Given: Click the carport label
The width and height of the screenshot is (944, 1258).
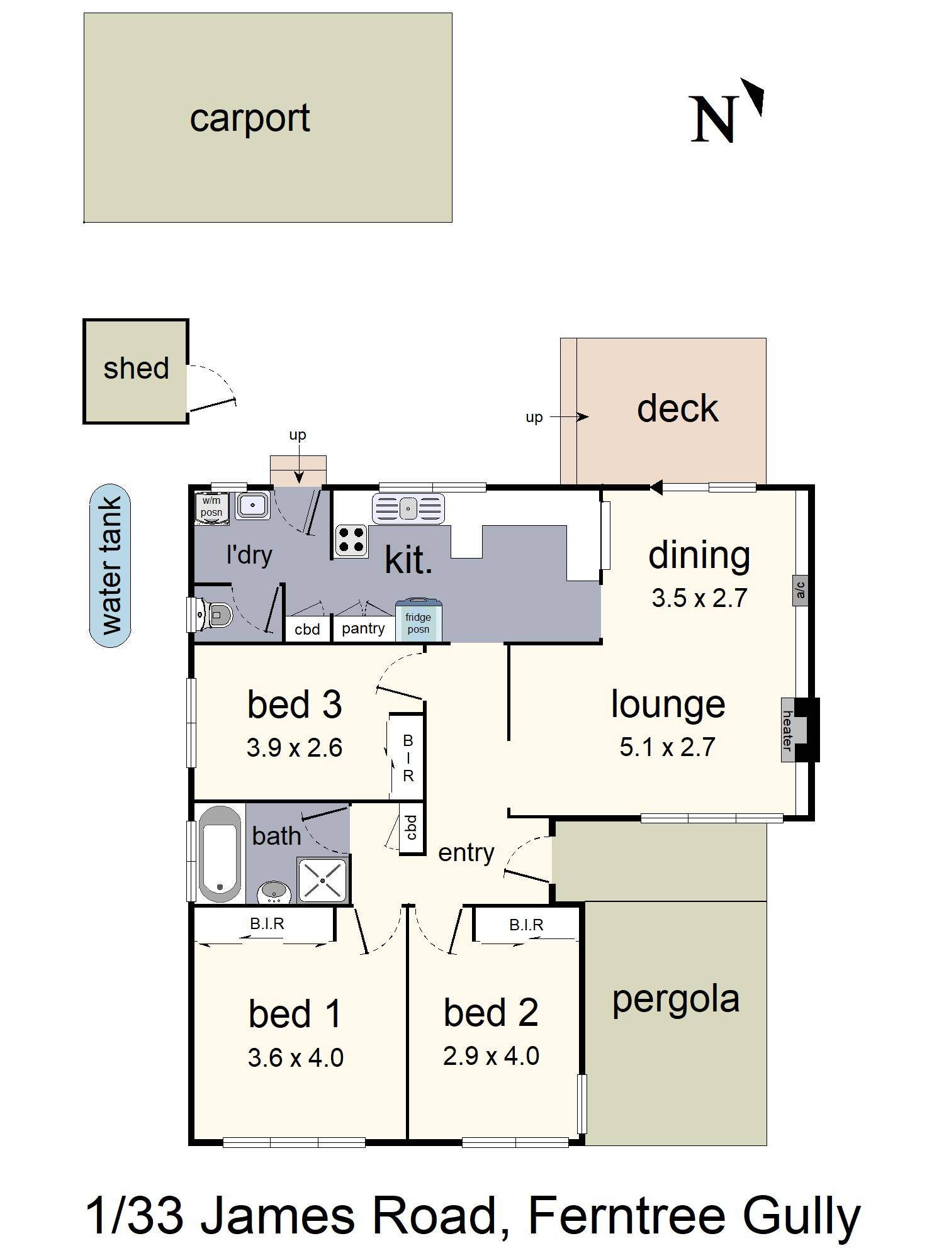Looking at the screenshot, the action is click(x=250, y=118).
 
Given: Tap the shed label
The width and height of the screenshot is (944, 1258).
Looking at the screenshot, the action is click(x=136, y=368).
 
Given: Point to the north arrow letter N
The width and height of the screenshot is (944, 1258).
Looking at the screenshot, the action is click(x=713, y=120).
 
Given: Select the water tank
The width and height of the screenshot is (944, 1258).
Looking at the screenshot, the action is click(x=110, y=565).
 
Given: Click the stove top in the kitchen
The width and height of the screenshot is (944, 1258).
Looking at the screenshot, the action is click(x=351, y=540).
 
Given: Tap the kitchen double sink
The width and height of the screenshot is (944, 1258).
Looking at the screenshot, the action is click(x=408, y=508).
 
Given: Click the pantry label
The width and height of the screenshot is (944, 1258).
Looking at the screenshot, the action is click(x=363, y=628).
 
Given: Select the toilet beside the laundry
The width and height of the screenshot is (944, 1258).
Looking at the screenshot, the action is click(x=211, y=614).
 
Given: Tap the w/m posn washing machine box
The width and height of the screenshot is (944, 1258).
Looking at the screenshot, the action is click(x=211, y=507).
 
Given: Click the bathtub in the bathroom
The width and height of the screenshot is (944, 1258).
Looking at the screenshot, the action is click(x=220, y=854).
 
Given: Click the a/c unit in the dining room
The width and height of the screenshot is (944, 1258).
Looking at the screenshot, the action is click(x=800, y=589).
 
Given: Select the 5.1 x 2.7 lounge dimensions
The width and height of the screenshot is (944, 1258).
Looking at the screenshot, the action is click(x=667, y=747).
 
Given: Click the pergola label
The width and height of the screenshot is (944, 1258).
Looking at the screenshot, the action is click(x=676, y=1000).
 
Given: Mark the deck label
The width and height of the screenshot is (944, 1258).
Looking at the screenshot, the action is click(x=677, y=408).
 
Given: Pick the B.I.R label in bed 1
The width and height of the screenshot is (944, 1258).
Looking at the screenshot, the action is click(x=267, y=923).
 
